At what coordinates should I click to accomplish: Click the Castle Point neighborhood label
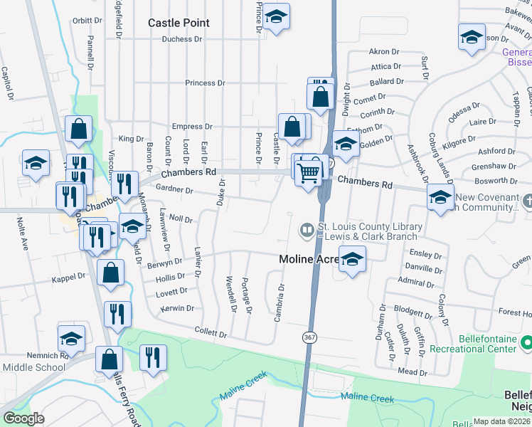(x=179, y=23)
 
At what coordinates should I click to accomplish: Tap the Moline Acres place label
(x=307, y=259)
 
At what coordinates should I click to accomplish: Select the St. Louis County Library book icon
(x=307, y=230)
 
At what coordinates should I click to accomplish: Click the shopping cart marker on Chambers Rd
(x=308, y=172)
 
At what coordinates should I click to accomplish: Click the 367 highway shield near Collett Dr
(x=309, y=336)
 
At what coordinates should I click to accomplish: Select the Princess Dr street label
(x=205, y=83)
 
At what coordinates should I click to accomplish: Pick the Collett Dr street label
(x=211, y=333)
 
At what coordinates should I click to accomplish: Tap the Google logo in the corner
(x=23, y=418)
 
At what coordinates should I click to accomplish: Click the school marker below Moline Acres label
(x=351, y=260)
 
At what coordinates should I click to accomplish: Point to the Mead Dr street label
(x=413, y=371)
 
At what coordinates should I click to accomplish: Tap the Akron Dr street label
(x=384, y=52)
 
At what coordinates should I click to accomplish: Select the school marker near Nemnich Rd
(x=71, y=339)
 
